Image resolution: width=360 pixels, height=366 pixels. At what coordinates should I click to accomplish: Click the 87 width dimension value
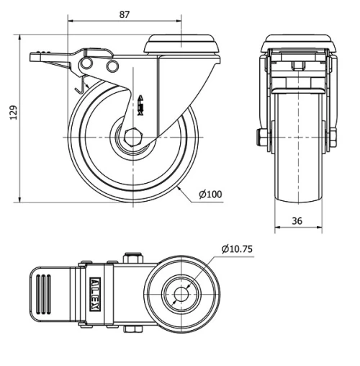124,14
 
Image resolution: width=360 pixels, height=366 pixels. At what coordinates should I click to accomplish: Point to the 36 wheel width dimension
297,222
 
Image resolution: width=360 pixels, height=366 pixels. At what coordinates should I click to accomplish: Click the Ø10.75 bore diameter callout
238,249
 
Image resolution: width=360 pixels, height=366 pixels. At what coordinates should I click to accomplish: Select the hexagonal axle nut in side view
133,137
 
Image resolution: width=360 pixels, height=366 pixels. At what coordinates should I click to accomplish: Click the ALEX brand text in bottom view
94,294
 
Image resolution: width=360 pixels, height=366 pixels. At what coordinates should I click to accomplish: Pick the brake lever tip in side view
33,55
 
